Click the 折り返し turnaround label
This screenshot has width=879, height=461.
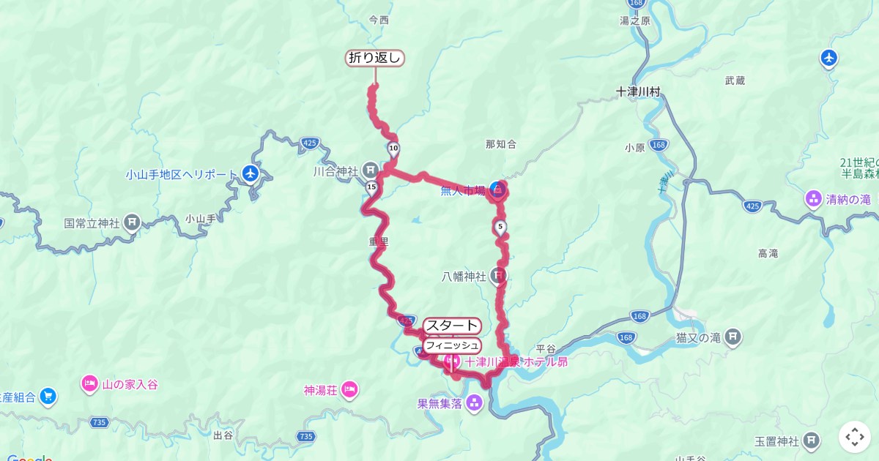tap(375, 59)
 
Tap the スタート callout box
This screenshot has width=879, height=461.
tap(452, 326)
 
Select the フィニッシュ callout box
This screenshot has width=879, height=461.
tap(452, 345)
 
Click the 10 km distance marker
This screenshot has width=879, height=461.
tap(394, 149)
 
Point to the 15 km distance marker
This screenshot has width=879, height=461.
tap(371, 187)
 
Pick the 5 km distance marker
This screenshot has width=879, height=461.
tap(500, 227)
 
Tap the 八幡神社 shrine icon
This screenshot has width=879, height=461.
tap(498, 277)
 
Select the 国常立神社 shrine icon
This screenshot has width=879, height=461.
tap(132, 221)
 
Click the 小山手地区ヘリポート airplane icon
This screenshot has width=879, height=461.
tap(251, 174)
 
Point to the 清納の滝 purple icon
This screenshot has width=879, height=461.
tap(813, 198)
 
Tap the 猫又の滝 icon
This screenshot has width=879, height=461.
tap(733, 337)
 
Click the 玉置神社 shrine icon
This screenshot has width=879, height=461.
tap(811, 441)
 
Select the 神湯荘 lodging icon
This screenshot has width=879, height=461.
tap(349, 389)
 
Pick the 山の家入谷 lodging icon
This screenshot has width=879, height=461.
tap(90, 384)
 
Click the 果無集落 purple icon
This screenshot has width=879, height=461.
tap(474, 402)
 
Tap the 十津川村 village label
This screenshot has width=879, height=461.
tap(638, 92)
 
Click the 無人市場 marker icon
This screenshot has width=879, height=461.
tap(497, 191)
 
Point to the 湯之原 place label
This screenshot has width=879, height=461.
tap(635, 21)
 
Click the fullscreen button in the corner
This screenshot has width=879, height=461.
tap(854, 437)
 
